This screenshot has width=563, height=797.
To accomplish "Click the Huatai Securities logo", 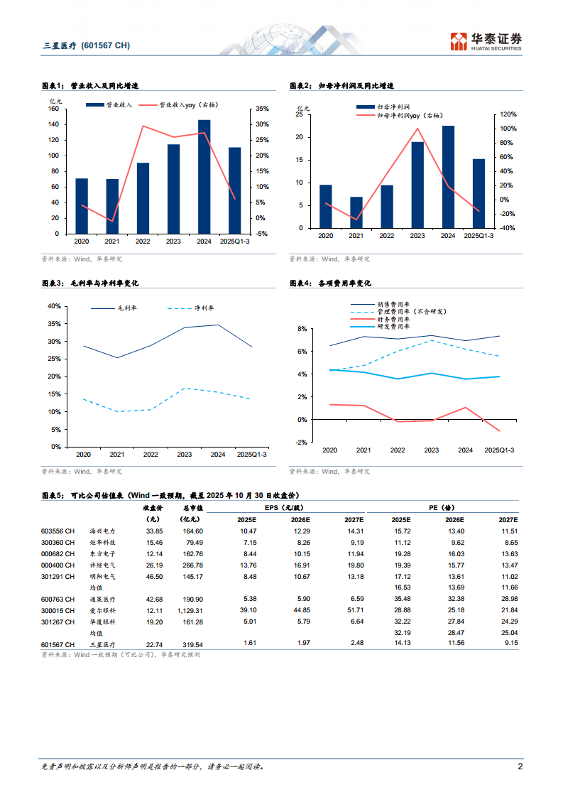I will click(486, 41).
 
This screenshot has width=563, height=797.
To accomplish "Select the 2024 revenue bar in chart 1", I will click(204, 177).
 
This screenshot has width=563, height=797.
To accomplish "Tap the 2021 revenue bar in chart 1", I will click(112, 206).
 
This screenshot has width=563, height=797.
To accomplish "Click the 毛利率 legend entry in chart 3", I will click(126, 308).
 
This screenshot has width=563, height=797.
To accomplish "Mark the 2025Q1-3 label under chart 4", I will click(499, 450).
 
